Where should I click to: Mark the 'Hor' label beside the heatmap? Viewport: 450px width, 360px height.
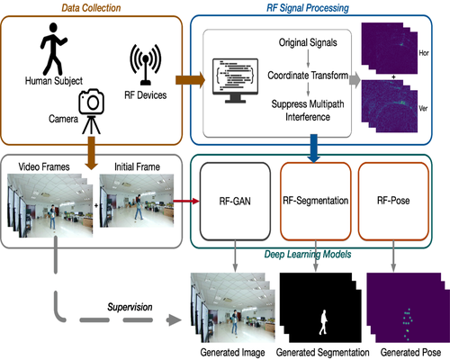(x=436, y=53)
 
